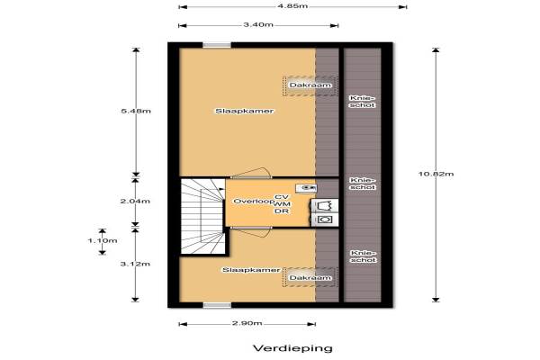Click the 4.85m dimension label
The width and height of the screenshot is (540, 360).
[292, 6]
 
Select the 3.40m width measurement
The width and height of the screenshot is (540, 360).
[258, 24]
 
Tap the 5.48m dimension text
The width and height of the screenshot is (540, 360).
[136, 111]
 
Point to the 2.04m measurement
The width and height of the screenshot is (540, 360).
[135, 201]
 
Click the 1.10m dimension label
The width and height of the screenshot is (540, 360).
[103, 240]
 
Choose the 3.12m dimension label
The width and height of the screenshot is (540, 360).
[135, 264]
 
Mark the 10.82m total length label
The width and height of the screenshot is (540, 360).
[436, 174]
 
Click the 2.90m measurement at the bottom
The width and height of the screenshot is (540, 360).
[247, 323]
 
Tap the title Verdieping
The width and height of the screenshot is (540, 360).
[292, 348]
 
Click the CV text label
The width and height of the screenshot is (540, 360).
[282, 197]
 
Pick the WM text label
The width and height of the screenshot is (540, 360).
[282, 204]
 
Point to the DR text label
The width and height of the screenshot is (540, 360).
[282, 211]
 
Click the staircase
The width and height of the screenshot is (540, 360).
[202, 216]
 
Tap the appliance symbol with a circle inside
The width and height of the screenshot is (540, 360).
[324, 220]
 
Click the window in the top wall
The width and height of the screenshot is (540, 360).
[217, 45]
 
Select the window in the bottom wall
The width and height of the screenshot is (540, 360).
[217, 305]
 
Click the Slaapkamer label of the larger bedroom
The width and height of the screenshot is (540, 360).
[245, 111]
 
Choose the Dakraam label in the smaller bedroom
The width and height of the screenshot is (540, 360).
[310, 278]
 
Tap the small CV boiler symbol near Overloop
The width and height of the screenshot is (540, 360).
[306, 188]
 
